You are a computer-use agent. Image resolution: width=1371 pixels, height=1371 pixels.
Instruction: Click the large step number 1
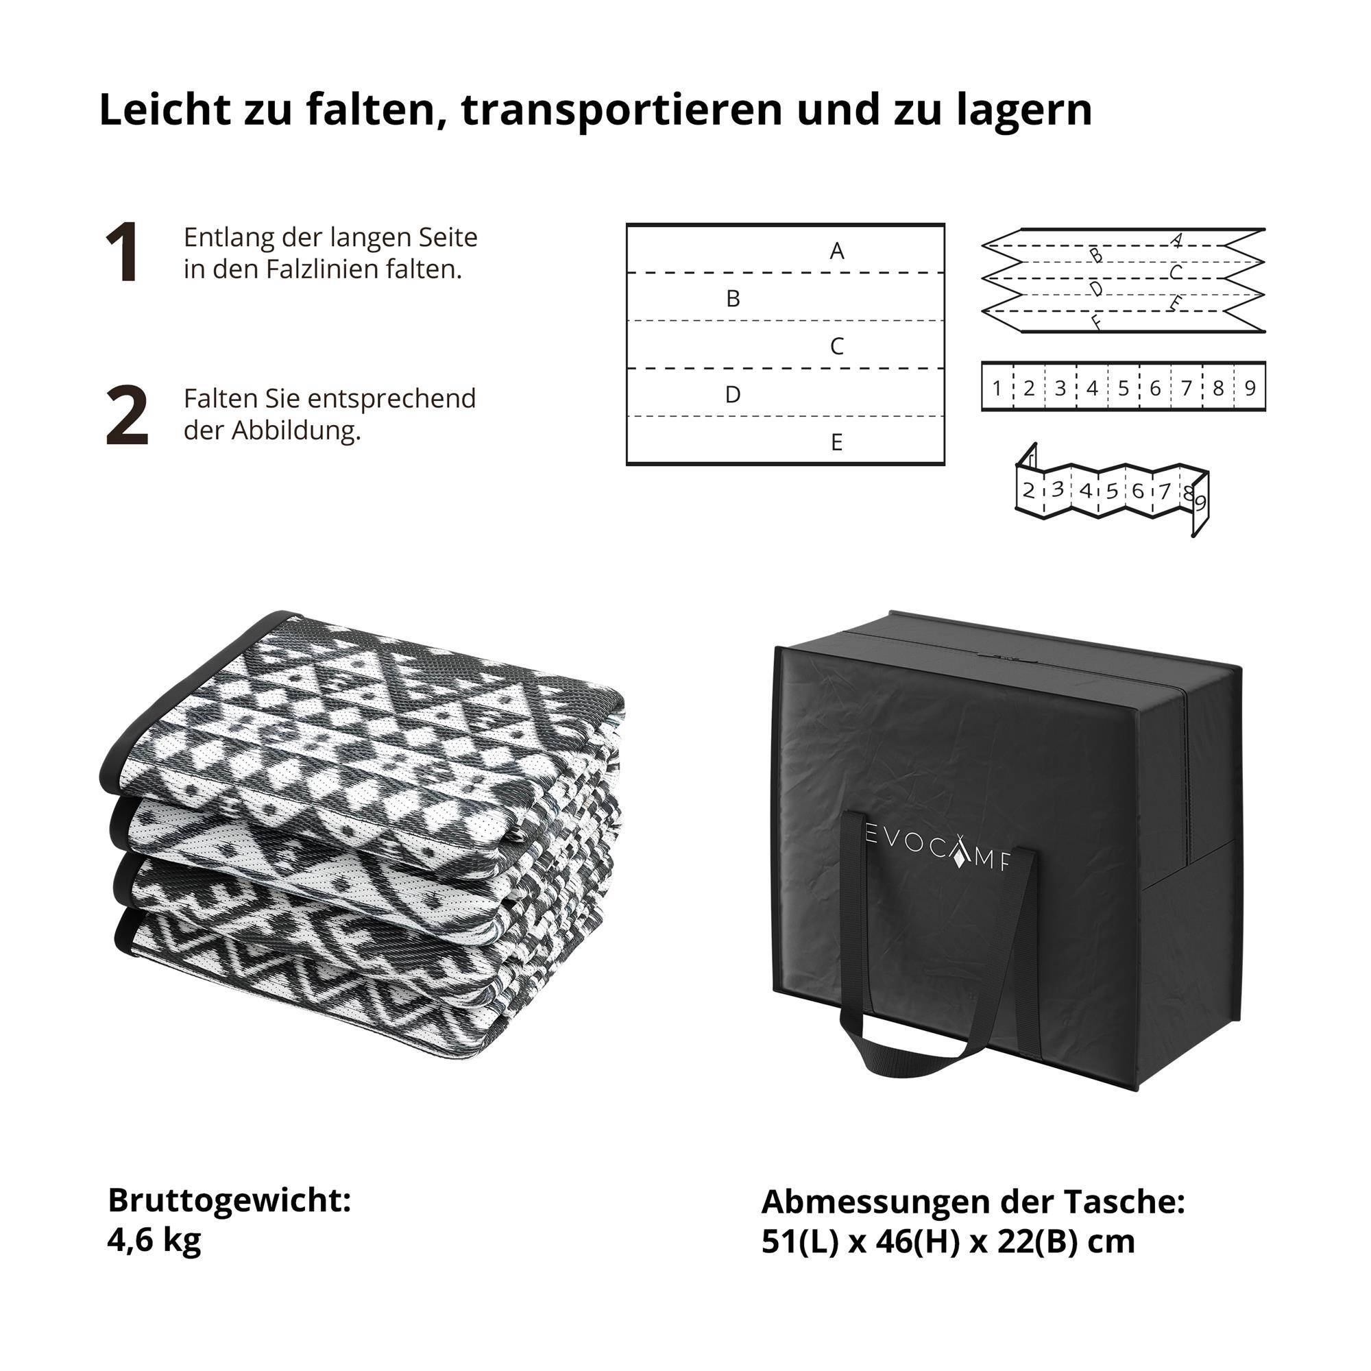(x=121, y=254)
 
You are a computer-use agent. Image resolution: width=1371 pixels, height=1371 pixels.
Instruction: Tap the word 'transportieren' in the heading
(x=621, y=110)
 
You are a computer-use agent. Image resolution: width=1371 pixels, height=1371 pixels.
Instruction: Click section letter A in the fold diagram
(x=836, y=251)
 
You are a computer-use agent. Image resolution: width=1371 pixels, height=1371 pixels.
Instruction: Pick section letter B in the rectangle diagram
(x=733, y=299)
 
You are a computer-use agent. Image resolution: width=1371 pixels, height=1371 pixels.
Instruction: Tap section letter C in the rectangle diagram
(x=836, y=346)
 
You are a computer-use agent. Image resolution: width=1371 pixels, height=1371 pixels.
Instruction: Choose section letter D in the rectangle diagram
(x=733, y=395)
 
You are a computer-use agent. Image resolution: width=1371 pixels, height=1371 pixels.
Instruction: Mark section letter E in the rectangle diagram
(x=836, y=443)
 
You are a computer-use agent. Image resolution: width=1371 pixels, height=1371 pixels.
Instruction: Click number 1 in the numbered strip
(x=996, y=388)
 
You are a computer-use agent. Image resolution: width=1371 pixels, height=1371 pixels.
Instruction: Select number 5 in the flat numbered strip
(x=1124, y=388)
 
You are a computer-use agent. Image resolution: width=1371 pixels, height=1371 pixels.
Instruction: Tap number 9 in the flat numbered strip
(x=1250, y=388)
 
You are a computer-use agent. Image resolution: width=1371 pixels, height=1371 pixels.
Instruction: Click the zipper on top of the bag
(x=1008, y=658)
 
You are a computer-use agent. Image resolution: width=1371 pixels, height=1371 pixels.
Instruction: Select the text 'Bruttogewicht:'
(x=229, y=1200)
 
